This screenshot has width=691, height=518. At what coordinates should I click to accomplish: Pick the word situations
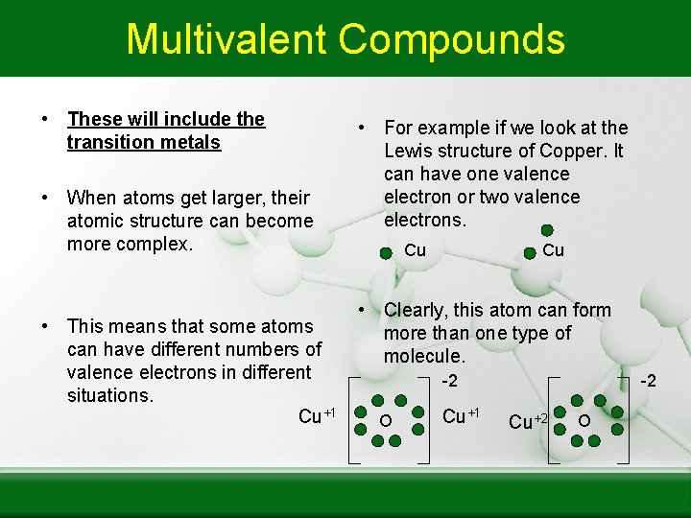pos(110,395)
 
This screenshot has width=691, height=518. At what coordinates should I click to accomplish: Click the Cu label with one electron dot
pos(415,250)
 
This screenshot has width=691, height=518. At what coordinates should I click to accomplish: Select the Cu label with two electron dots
pos(553,250)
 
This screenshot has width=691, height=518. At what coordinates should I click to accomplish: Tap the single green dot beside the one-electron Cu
pos(386,254)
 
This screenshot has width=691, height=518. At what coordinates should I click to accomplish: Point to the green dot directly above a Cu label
pos(546,230)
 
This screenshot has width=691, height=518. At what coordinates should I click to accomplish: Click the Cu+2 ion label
pos(528,422)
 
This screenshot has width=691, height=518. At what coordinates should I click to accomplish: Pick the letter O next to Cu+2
pos(584,420)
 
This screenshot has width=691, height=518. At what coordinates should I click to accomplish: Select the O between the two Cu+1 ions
pos(385,422)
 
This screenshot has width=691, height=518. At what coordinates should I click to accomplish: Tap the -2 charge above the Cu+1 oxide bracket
pos(448,382)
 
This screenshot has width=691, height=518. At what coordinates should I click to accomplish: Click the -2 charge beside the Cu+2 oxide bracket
pos(648,381)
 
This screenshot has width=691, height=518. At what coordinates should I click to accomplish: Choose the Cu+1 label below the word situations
pos(316,415)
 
